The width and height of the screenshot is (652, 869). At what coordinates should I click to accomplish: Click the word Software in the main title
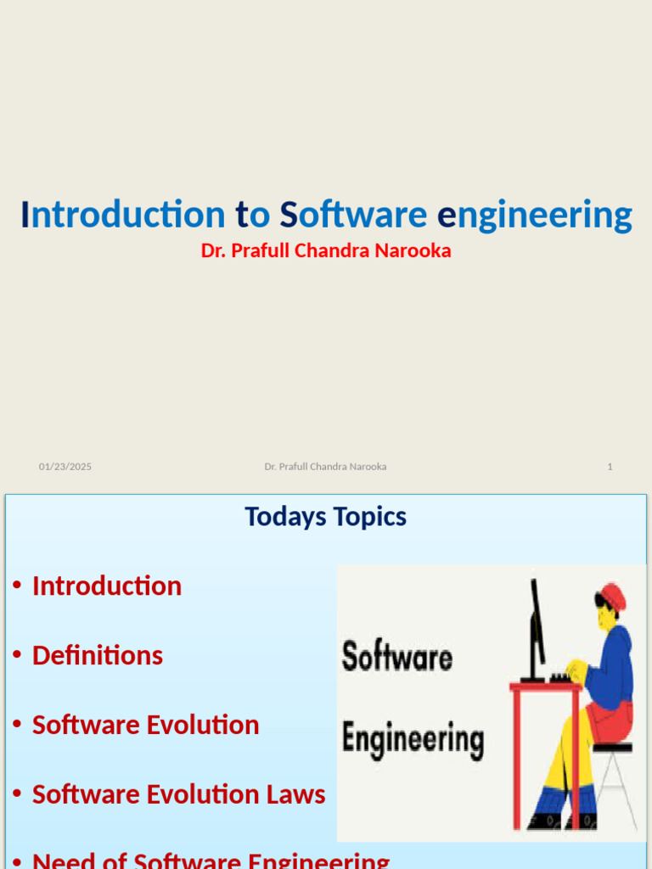353,216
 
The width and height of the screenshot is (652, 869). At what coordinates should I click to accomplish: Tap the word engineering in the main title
535,216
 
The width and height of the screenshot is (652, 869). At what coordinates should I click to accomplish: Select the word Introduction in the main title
123,216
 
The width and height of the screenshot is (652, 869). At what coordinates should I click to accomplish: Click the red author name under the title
326,251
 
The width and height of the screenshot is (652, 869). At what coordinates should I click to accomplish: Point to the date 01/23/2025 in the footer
65,467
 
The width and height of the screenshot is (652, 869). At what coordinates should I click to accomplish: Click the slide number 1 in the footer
610,467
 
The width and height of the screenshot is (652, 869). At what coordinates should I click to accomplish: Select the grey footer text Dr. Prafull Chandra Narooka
325,467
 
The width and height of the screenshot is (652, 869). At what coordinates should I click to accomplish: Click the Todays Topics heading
326,517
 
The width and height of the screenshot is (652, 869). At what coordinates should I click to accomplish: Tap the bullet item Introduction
107,586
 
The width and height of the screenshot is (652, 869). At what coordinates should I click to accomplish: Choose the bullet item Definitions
98,656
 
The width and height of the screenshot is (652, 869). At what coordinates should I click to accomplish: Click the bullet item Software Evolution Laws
178,795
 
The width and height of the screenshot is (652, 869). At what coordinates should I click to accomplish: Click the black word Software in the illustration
396,658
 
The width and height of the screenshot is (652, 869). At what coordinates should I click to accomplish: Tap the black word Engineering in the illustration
413,738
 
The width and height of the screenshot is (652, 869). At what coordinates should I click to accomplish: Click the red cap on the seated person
612,597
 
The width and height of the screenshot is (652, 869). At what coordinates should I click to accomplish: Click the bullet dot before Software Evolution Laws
17,795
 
